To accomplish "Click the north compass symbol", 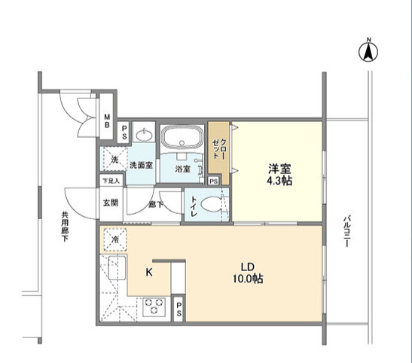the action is (x=368, y=51).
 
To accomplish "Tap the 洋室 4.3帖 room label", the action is (x=279, y=175).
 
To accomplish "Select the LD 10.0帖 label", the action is (x=248, y=273).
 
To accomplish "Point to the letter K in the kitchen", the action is (x=149, y=273).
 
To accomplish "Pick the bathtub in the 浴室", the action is (x=182, y=137).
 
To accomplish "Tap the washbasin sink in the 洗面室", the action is (x=144, y=135).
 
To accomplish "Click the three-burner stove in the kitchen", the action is (x=154, y=307).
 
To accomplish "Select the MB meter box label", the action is (x=107, y=120).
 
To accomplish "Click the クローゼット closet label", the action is (x=218, y=149).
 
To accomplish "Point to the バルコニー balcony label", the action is (x=346, y=231).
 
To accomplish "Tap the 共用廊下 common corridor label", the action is (x=65, y=227).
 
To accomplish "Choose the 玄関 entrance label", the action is (x=111, y=203).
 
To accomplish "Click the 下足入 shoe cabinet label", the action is (x=111, y=181).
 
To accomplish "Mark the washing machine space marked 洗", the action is (x=114, y=160).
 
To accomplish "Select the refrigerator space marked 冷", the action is (x=115, y=239).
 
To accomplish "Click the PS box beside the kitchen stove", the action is (x=179, y=309).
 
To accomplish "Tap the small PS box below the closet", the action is (x=214, y=181).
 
